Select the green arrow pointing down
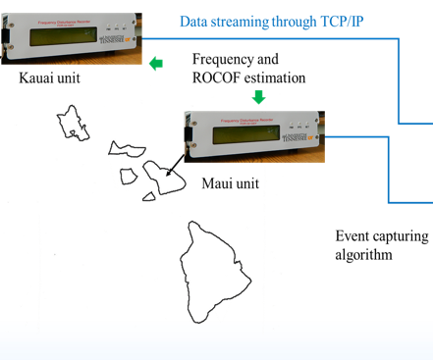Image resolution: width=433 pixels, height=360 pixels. [x=259, y=96]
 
